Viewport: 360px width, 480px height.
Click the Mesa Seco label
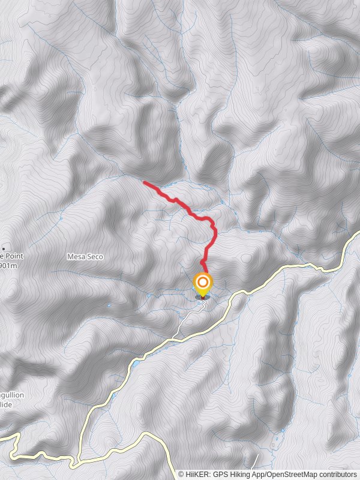[x=85, y=257]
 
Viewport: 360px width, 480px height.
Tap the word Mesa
[x=76, y=257]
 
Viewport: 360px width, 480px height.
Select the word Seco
[x=94, y=257]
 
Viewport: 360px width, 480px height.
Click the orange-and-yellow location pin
[x=203, y=284]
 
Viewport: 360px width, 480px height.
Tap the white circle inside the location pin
[x=203, y=281]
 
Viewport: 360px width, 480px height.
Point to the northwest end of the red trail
[x=145, y=182]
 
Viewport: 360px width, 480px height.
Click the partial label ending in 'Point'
[x=12, y=256]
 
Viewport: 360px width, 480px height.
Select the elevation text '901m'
[x=8, y=265]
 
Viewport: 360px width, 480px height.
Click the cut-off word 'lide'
[x=6, y=405]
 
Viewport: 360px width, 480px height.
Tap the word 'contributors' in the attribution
[x=337, y=475]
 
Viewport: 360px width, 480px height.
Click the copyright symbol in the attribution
[x=181, y=475]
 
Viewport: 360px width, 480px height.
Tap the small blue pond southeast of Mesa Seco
[x=136, y=364]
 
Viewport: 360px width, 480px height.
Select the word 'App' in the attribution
[x=257, y=475]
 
